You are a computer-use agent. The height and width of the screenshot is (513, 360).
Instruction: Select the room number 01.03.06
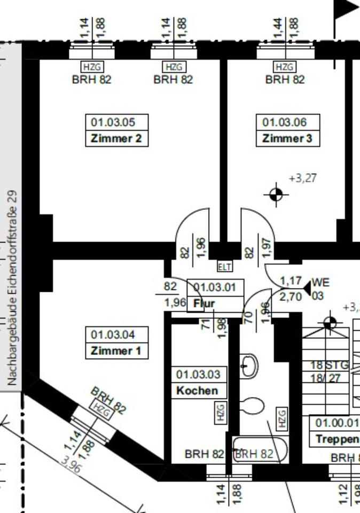pyautogui.click(x=284, y=122)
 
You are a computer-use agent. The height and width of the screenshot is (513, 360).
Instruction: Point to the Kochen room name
pyautogui.click(x=197, y=390)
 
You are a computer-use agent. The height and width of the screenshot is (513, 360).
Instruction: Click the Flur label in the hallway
pyautogui.click(x=204, y=304)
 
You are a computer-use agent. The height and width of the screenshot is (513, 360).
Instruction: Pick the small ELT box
pyautogui.click(x=225, y=266)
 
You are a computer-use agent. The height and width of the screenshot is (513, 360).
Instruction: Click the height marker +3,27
pyautogui.click(x=302, y=178)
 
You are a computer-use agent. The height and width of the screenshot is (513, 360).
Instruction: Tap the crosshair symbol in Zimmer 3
pyautogui.click(x=276, y=195)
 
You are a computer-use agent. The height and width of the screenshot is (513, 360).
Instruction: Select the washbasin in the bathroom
pyautogui.click(x=248, y=366)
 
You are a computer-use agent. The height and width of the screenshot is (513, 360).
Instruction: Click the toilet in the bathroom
pyautogui.click(x=251, y=406)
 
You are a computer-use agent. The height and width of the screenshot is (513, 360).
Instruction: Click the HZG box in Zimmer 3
pyautogui.click(x=284, y=67)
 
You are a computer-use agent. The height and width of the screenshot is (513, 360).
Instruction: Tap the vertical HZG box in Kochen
pyautogui.click(x=220, y=412)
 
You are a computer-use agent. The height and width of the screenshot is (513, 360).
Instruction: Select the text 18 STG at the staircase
pyautogui.click(x=330, y=366)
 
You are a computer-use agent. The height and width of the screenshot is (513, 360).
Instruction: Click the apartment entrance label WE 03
pyautogui.click(x=320, y=288)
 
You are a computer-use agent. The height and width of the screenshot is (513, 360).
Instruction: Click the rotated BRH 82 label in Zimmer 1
pyautogui.click(x=109, y=401)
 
